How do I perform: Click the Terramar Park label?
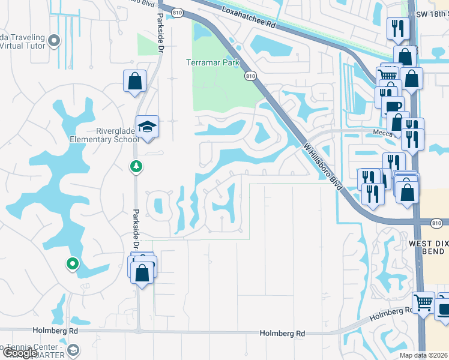click(x=212, y=62)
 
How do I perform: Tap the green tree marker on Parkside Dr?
click(x=136, y=166)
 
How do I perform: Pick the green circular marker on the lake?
click(x=72, y=263)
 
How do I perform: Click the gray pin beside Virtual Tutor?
click(x=55, y=41)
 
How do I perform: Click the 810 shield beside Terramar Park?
click(x=251, y=76)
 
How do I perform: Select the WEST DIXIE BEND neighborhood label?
click(x=427, y=247)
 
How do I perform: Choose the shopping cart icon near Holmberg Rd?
click(x=423, y=302)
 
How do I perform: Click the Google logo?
click(x=20, y=353)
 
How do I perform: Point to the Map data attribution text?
click(x=424, y=355)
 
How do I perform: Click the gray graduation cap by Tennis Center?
click(x=73, y=350)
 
